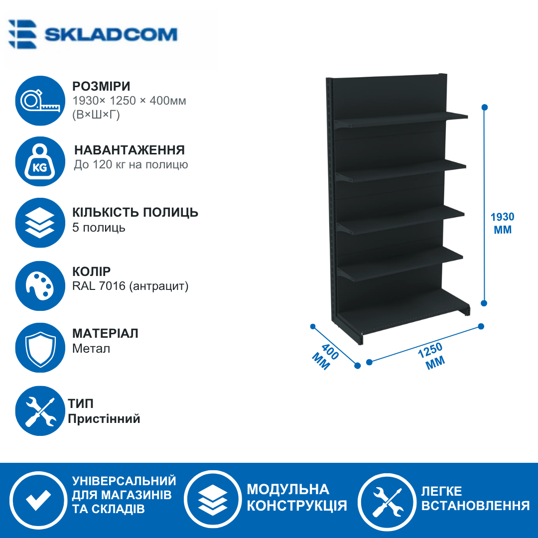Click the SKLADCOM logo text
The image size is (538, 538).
pyautogui.click(x=111, y=35)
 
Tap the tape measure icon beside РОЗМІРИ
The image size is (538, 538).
pyautogui.click(x=40, y=101)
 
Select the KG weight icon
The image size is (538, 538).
pyautogui.click(x=40, y=161)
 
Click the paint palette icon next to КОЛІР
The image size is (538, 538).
pyautogui.click(x=40, y=286)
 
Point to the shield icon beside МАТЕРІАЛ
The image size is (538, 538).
pyautogui.click(x=40, y=348)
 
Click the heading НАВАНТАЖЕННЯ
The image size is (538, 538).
pyautogui.click(x=130, y=150)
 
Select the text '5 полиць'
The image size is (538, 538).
pyautogui.click(x=99, y=228)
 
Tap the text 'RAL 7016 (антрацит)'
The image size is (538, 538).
pyautogui.click(x=131, y=286)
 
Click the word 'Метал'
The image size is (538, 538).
pyautogui.click(x=91, y=349)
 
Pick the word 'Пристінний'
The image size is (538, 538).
pyautogui.click(x=104, y=418)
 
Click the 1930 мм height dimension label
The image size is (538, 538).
pyautogui.click(x=503, y=223)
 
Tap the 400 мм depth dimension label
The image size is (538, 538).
pyautogui.click(x=325, y=357)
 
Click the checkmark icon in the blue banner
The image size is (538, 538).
pyautogui.click(x=38, y=500)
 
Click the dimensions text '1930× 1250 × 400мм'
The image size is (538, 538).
pyautogui.click(x=130, y=101)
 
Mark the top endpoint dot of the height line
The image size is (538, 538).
pyautogui.click(x=485, y=108)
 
